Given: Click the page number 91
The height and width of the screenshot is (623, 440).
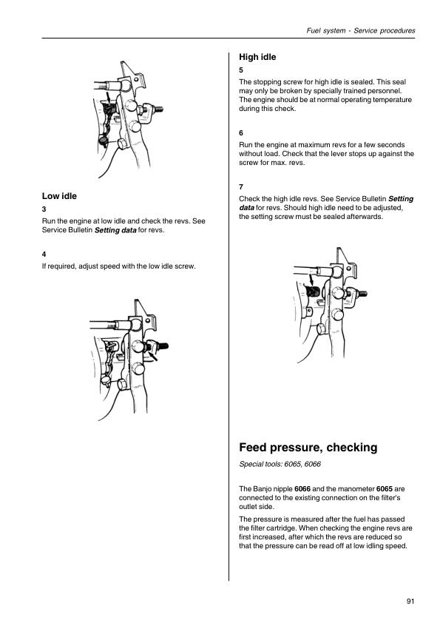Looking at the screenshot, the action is [x=410, y=601].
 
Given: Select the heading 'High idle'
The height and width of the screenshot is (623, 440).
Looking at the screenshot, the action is [x=257, y=57].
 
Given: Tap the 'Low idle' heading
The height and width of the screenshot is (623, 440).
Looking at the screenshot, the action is [x=59, y=196].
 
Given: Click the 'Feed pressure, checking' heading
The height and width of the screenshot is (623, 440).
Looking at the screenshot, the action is [x=308, y=448].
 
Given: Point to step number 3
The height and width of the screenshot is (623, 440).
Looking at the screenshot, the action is [x=44, y=209].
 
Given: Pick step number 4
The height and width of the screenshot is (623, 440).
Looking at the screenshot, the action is [x=44, y=255].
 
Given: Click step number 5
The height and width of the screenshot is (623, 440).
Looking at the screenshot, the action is [x=241, y=70].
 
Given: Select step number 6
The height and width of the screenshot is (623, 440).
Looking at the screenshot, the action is [x=241, y=132].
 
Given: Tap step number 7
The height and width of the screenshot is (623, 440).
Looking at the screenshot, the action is [x=241, y=186].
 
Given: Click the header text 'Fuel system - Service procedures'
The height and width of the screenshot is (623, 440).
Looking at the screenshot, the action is [x=361, y=30].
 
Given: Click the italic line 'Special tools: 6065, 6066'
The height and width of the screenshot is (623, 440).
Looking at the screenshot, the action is [x=280, y=464].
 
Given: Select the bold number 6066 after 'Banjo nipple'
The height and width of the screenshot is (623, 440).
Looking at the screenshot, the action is [x=302, y=488].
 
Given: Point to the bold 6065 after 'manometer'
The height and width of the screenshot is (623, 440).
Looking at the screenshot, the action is [x=385, y=488].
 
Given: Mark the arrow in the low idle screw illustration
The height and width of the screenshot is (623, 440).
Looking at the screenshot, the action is [x=153, y=355].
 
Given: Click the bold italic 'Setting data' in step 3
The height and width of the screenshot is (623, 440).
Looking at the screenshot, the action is [x=115, y=230].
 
